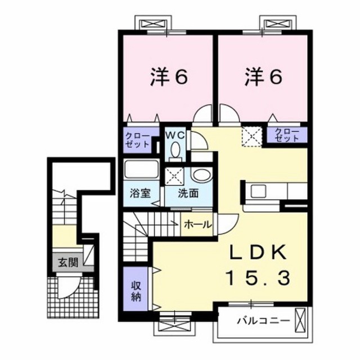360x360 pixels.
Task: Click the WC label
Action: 175,136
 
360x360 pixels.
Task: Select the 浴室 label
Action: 140,193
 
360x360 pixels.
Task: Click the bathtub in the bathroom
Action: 141,169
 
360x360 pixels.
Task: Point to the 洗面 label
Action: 188,193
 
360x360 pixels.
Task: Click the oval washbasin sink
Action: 201,175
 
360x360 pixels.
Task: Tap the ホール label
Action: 197,224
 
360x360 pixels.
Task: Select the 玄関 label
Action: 68,262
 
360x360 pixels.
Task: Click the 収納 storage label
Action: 136,291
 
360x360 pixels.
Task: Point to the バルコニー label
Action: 263,320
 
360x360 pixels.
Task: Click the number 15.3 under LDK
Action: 259,277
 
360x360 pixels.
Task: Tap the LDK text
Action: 259,252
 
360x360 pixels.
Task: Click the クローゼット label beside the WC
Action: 137,140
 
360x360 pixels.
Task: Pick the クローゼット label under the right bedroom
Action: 287,135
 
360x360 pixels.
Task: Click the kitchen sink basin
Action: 258,191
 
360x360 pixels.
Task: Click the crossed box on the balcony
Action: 300,319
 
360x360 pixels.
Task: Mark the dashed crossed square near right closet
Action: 252,137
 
